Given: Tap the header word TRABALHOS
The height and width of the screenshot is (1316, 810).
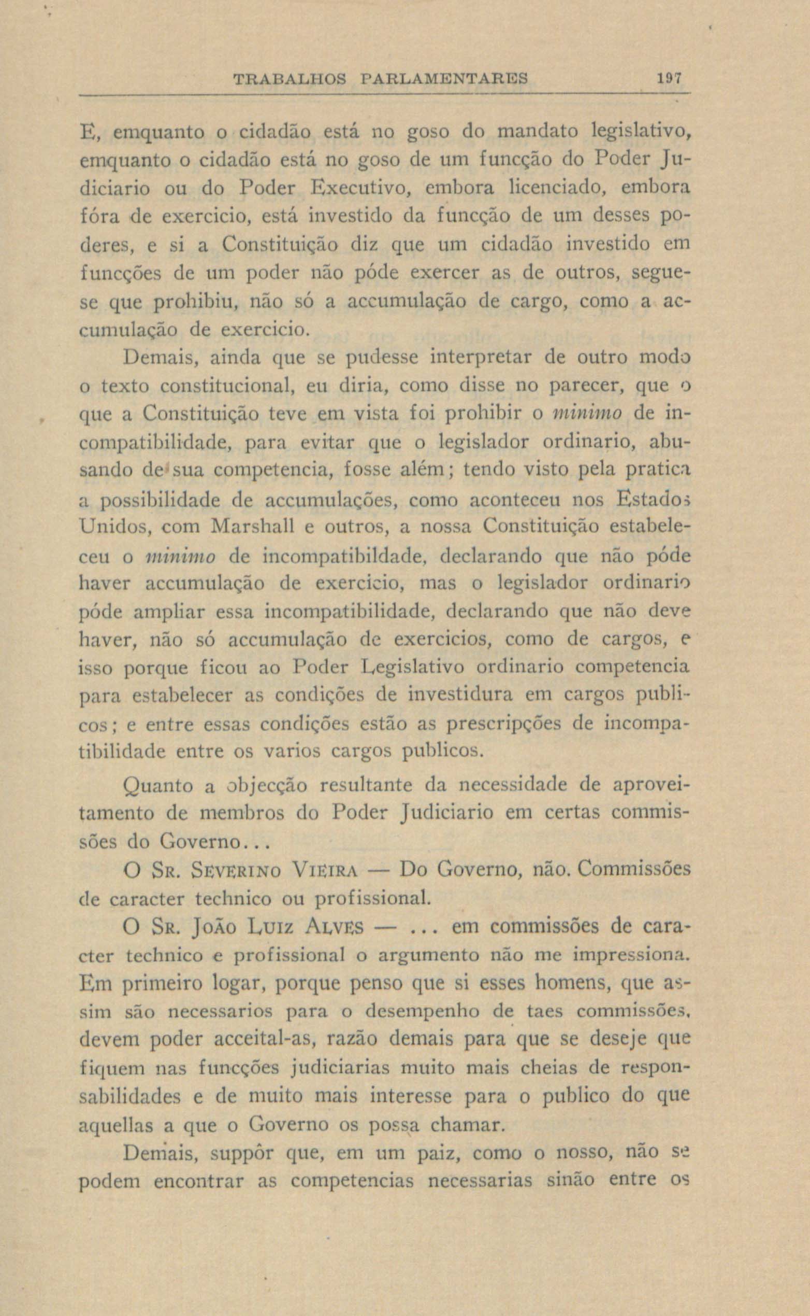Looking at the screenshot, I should pyautogui.click(x=291, y=79).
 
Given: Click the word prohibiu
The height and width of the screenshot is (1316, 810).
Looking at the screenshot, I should pyautogui.click(x=199, y=302).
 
